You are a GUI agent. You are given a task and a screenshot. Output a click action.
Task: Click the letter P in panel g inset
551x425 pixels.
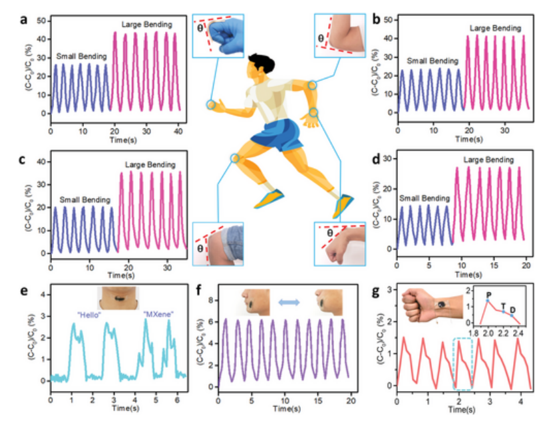click(x=488, y=294)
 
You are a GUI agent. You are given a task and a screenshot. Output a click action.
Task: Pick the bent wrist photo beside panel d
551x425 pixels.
click(x=339, y=243)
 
